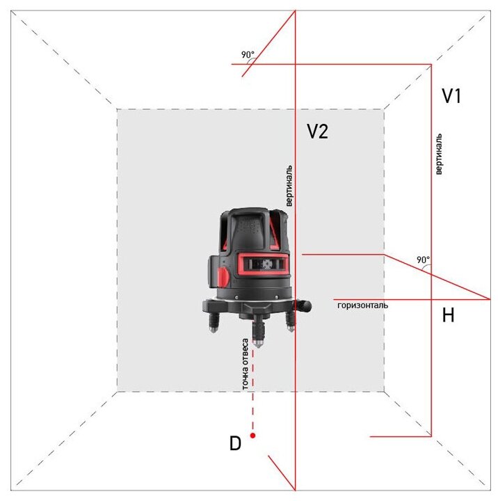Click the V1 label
(451, 97)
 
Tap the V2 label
(317, 132)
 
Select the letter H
(449, 316)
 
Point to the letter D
(235, 443)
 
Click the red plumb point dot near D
(253, 436)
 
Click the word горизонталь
(362, 305)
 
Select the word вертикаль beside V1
(438, 154)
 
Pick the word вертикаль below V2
(289, 186)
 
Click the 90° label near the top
(248, 54)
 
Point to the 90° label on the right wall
(423, 260)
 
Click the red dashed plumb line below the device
(253, 390)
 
